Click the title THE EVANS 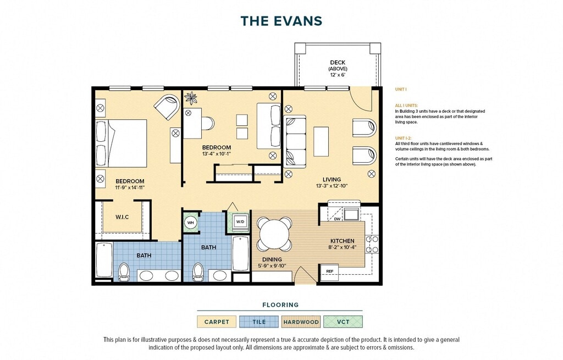click(281, 21)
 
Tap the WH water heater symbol click(190, 223)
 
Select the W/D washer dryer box click(240, 221)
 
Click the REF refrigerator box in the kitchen click(330, 272)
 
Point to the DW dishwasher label click(337, 219)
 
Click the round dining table click(274, 234)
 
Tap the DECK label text click(338, 63)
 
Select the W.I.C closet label click(122, 217)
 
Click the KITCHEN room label click(342, 241)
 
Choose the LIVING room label click(332, 180)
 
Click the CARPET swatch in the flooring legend click(217, 322)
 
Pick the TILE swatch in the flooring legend click(259, 322)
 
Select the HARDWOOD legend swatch click(301, 322)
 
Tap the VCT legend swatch click(343, 322)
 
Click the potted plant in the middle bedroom click(191, 98)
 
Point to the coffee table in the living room click(321, 141)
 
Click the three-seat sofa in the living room click(295, 141)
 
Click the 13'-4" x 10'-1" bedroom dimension click(216, 154)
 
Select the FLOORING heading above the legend click(280, 304)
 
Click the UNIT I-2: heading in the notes click(403, 138)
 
